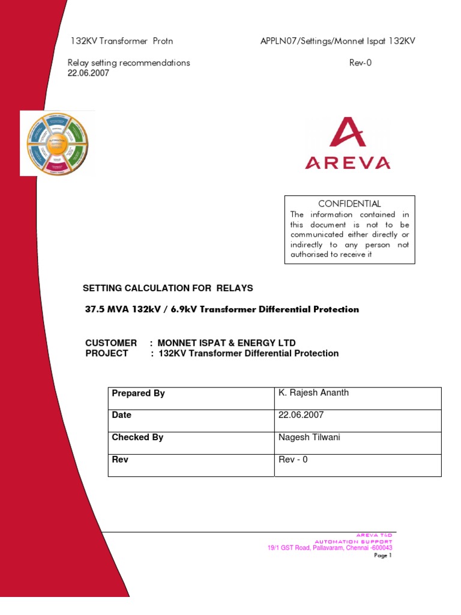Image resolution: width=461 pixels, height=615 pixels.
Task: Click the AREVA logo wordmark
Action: [x=348, y=162]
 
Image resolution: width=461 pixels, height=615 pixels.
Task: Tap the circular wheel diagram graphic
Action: [x=57, y=143]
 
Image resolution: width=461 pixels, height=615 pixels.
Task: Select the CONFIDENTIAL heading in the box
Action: [x=349, y=204]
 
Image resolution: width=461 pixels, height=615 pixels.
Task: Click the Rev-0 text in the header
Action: [x=360, y=62]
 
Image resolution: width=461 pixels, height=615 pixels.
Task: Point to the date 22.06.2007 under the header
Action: [x=88, y=73]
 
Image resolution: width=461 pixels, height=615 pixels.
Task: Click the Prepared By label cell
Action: [x=138, y=393]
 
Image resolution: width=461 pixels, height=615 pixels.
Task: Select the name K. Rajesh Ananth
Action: [x=313, y=393]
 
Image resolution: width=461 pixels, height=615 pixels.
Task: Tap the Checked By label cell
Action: [x=137, y=437]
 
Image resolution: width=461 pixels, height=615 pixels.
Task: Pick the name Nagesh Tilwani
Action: [x=309, y=437]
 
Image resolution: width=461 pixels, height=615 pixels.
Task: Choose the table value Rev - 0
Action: [x=293, y=459]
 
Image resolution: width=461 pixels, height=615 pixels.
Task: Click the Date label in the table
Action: [x=122, y=415]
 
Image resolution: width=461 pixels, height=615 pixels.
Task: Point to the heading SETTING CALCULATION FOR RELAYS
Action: [x=167, y=288]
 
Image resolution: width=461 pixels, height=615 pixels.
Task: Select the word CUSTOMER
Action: [x=111, y=343]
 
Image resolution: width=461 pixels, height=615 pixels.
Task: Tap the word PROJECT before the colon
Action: [x=107, y=353]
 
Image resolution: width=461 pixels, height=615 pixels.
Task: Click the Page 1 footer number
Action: [x=382, y=556]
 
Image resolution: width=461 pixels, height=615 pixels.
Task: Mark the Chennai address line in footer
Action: [x=330, y=548]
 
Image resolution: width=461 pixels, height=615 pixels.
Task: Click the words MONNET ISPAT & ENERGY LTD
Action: [x=227, y=343]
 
